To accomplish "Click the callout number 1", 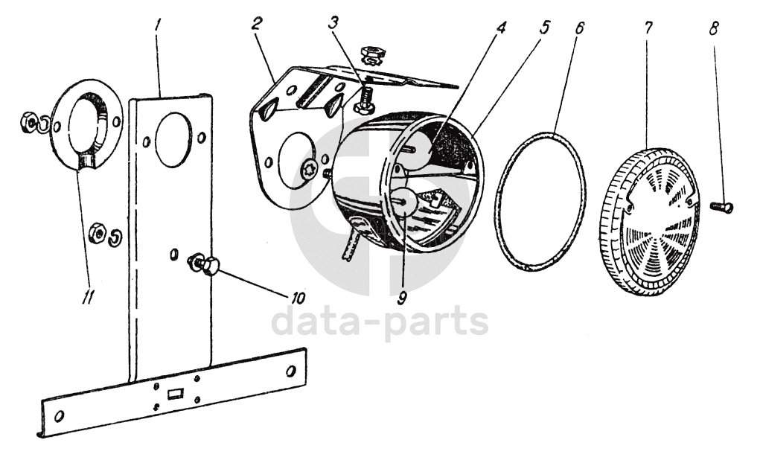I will [158, 25].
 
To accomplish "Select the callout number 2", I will [255, 23].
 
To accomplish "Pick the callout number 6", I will [580, 28].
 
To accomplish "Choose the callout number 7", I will [648, 28].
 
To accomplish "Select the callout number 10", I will [298, 298].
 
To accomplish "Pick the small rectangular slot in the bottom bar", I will [176, 393].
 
